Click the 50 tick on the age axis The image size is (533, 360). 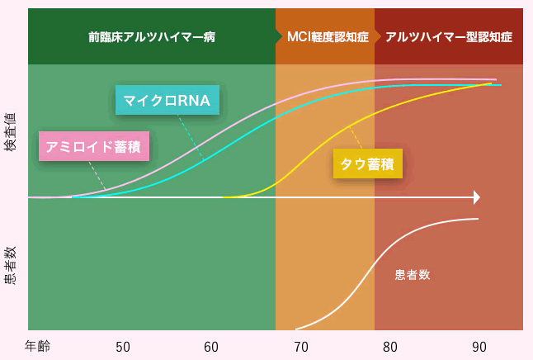(123, 347)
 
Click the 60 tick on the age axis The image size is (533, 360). (211, 347)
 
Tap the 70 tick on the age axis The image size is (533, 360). (300, 347)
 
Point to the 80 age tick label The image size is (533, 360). (390, 347)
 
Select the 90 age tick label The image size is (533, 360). (479, 347)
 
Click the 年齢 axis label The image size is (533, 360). (37, 346)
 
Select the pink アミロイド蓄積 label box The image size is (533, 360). (93, 146)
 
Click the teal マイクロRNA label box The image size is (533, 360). (167, 101)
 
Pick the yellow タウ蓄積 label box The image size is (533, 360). (368, 163)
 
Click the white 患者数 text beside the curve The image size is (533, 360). (413, 275)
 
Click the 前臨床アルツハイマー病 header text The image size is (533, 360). (152, 37)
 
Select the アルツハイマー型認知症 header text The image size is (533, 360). (449, 37)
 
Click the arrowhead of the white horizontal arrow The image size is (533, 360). (476, 197)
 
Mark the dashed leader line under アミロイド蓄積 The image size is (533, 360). (97, 176)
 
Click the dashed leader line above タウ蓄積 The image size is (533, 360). (355, 137)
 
